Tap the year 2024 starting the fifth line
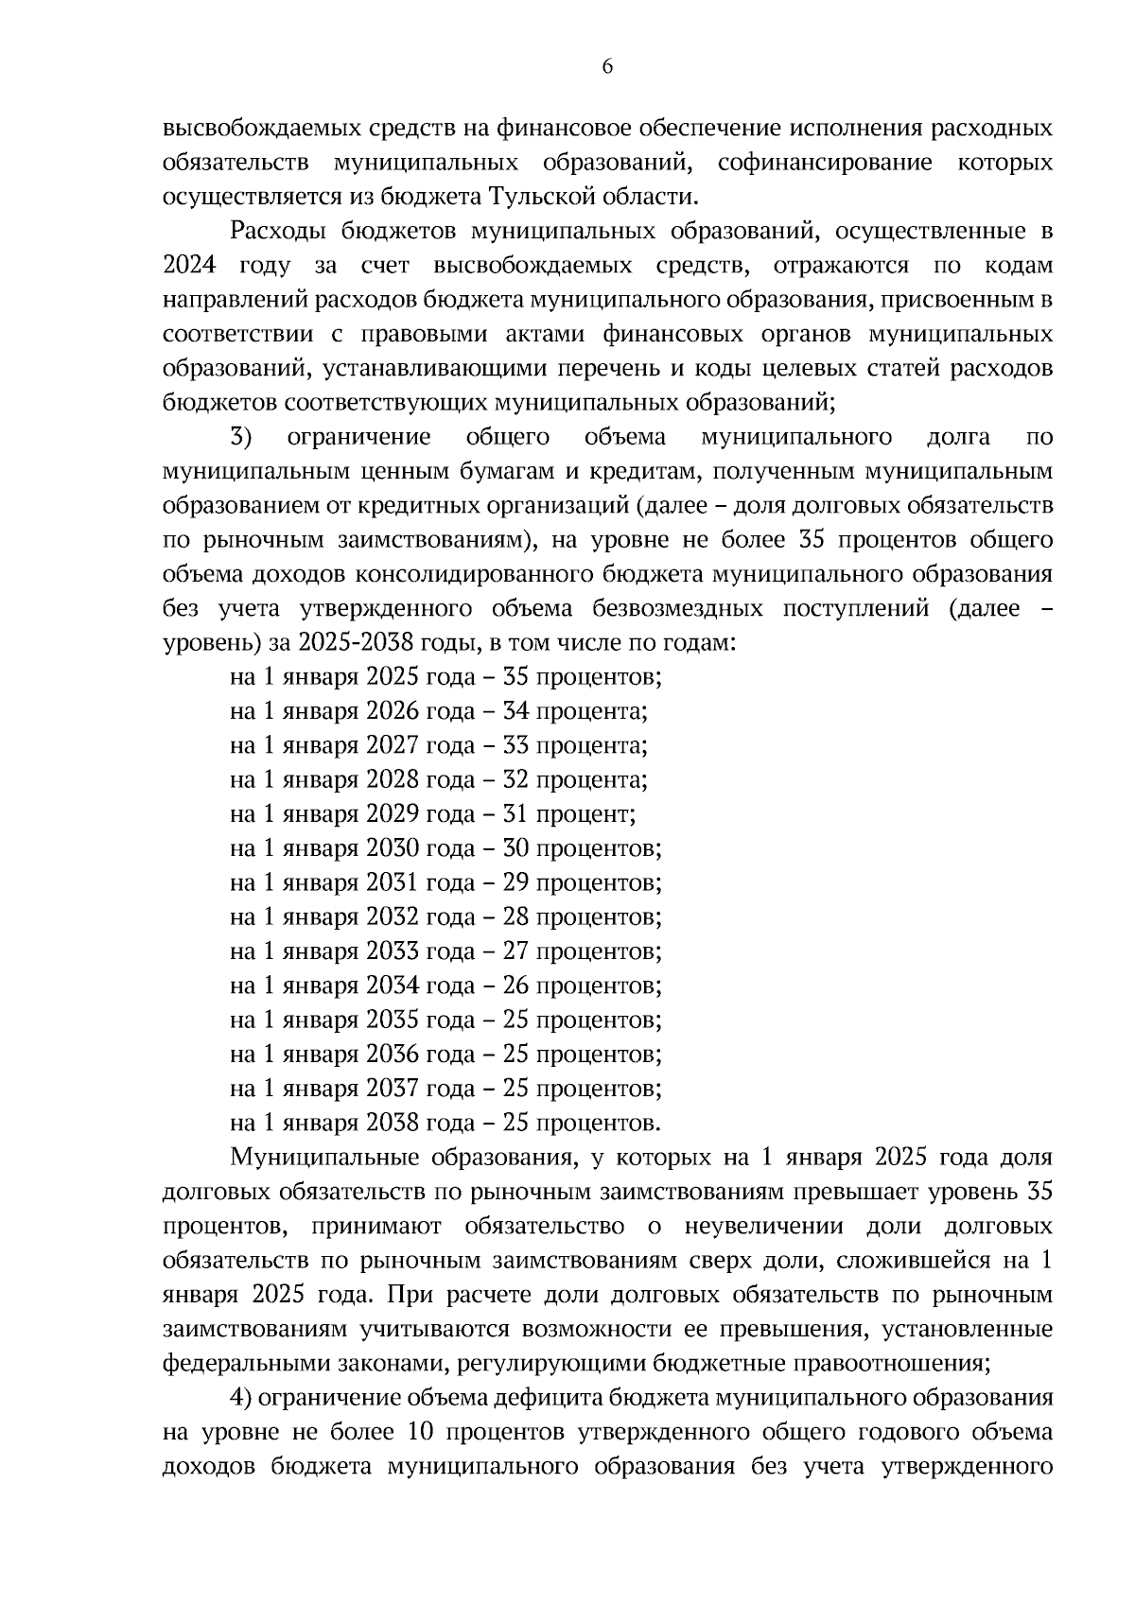point(189,266)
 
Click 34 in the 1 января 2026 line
point(515,711)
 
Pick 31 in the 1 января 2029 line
point(515,814)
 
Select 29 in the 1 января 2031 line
point(515,882)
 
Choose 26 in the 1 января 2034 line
point(515,986)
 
